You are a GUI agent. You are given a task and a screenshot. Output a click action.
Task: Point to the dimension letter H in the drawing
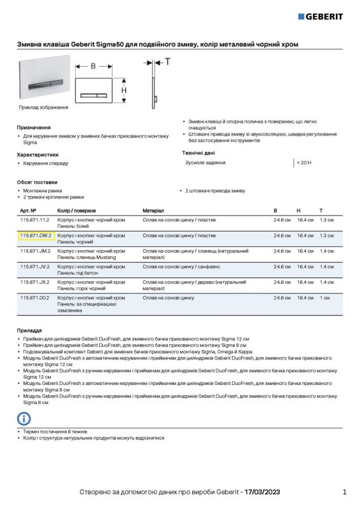(124, 90)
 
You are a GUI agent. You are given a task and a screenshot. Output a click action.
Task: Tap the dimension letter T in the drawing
(167, 62)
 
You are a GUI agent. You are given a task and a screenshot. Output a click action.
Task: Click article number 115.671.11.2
(34, 220)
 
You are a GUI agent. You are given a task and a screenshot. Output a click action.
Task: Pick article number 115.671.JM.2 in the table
(35, 251)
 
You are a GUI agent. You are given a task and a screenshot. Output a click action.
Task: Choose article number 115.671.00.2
(34, 297)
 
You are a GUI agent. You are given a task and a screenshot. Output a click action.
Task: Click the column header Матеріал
(153, 210)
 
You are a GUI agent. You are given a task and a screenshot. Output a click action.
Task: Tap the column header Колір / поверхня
(76, 210)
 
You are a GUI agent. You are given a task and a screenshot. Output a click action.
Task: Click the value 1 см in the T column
(324, 297)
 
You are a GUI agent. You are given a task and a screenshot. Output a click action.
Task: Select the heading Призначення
(34, 127)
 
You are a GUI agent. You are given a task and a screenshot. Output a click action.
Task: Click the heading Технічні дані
(198, 153)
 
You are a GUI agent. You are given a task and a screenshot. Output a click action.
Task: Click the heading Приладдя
(29, 331)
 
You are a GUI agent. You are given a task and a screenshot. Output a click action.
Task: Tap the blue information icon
(24, 418)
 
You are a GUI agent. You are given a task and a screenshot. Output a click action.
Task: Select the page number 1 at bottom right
(344, 492)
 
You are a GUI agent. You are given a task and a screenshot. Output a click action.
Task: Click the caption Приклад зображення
(43, 107)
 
